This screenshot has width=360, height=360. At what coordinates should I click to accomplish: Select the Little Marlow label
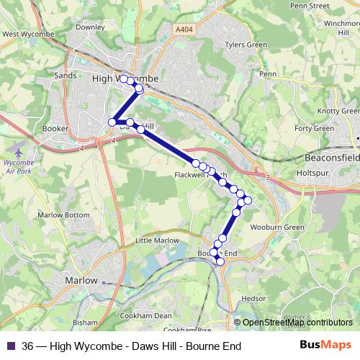pyautogui.click(x=154, y=240)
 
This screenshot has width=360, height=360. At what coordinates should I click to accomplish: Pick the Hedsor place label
pyautogui.click(x=253, y=297)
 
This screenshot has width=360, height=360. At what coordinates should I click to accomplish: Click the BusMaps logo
pyautogui.click(x=326, y=346)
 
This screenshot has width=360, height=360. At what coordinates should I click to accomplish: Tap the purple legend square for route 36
pyautogui.click(x=10, y=346)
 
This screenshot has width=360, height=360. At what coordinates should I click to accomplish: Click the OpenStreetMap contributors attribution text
pyautogui.click(x=297, y=323)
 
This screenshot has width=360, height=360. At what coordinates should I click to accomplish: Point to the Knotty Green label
pyautogui.click(x=338, y=111)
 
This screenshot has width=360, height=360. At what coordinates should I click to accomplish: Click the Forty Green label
pyautogui.click(x=318, y=128)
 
